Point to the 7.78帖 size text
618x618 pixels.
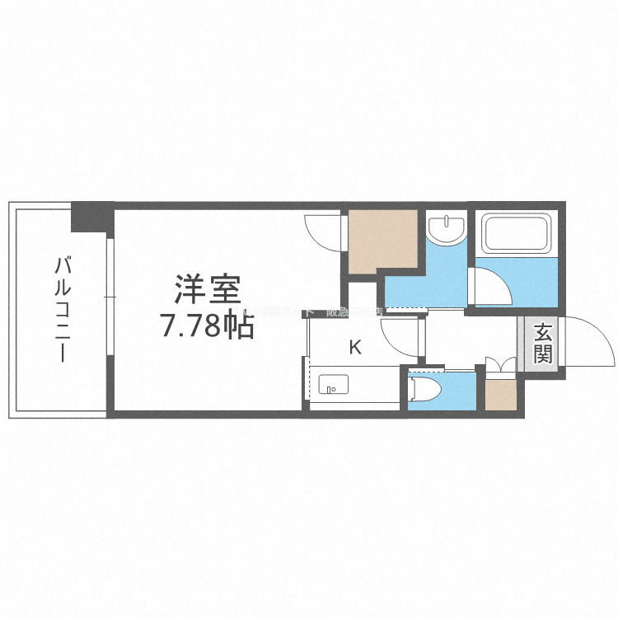pyautogui.click(x=206, y=328)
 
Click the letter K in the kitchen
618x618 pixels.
pyautogui.click(x=355, y=347)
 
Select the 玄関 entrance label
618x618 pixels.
pyautogui.click(x=542, y=344)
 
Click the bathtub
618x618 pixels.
pyautogui.click(x=516, y=232)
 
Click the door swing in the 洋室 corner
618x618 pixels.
pyautogui.click(x=323, y=232)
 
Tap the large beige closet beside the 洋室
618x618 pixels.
pyautogui.click(x=382, y=241)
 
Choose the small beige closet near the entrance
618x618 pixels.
pyautogui.click(x=501, y=394)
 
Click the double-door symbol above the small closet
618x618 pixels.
pyautogui.click(x=500, y=367)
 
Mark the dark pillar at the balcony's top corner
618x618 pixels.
pyautogui.click(x=91, y=216)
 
